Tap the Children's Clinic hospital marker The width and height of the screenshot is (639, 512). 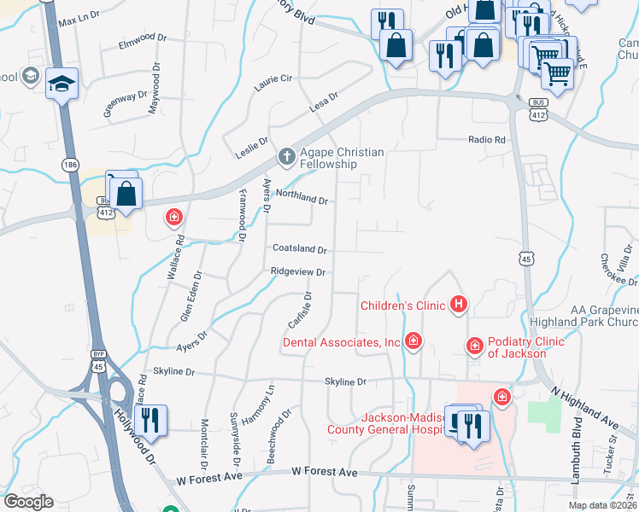pos(460,304)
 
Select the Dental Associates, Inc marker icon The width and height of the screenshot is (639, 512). pos(413,342)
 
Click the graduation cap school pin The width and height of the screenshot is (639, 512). pos(62,84)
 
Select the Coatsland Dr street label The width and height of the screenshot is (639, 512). pos(299,249)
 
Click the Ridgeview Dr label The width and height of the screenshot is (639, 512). pos(298,272)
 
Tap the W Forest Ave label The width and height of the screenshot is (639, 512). pos(324,470)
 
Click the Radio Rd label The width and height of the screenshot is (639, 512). pos(487,139)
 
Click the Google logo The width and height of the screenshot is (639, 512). pos(28,502)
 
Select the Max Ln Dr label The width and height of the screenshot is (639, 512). pos(79,17)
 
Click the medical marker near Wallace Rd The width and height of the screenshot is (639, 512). pos(174,218)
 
